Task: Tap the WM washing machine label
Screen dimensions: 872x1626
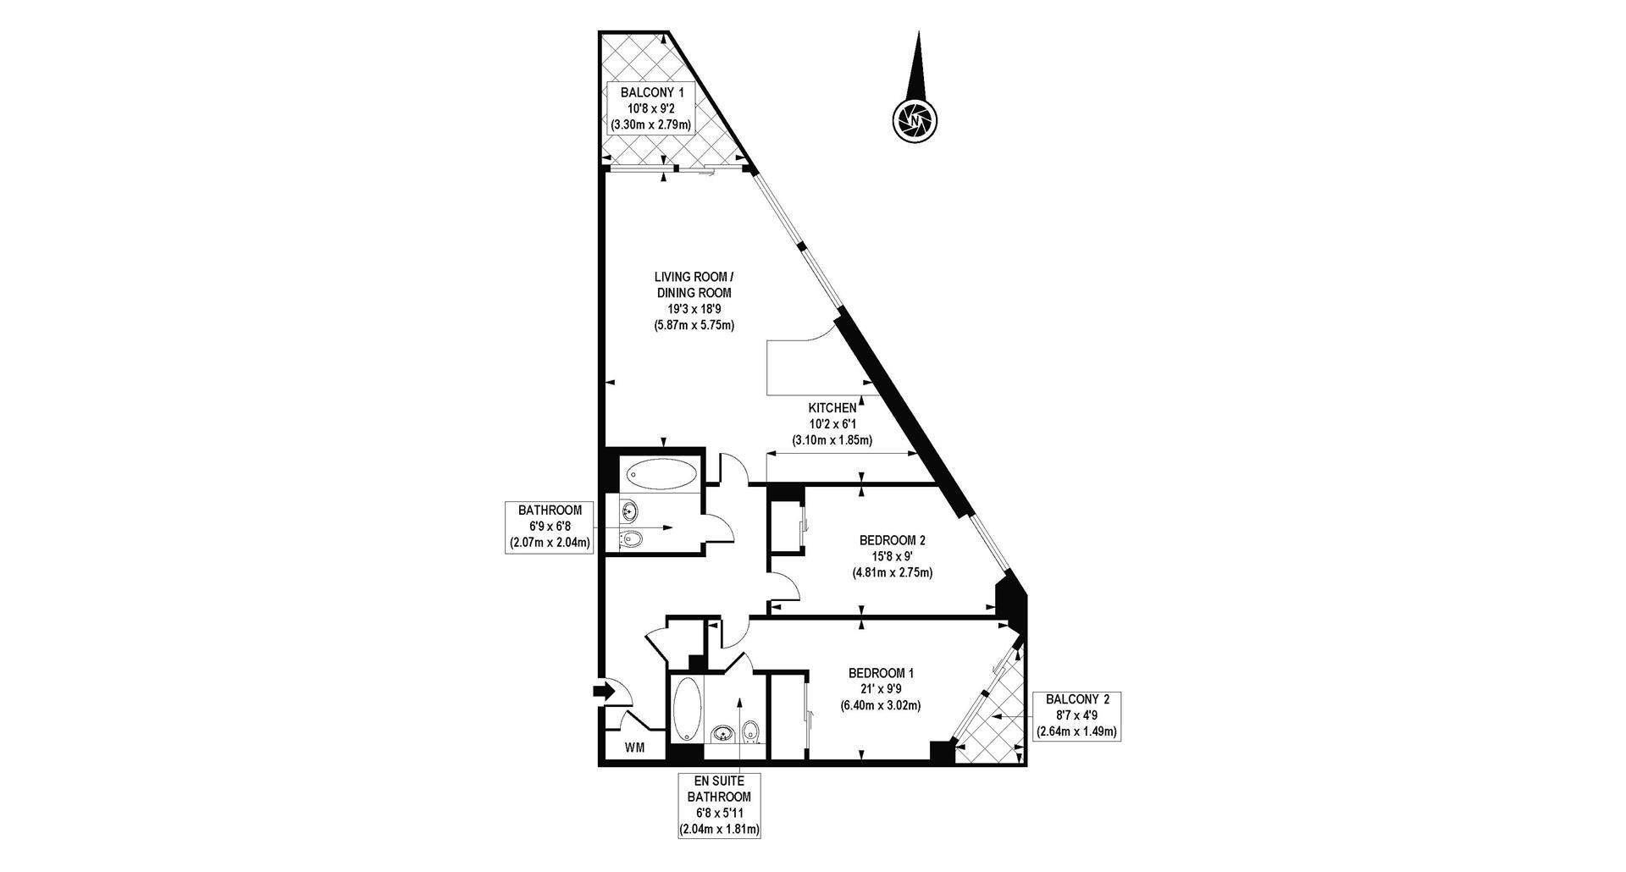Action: [x=634, y=748]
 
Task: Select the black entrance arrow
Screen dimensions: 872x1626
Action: [x=604, y=692]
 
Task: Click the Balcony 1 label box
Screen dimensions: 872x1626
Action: [x=651, y=108]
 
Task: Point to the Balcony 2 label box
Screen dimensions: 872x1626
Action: [x=1076, y=715]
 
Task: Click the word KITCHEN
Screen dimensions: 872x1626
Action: [x=832, y=408]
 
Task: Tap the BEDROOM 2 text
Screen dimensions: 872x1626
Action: [x=892, y=540]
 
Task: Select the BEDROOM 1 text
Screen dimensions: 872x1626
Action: [x=881, y=673]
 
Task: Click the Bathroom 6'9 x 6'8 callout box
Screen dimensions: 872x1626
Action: [x=550, y=527]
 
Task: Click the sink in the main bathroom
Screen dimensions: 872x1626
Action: [x=629, y=511]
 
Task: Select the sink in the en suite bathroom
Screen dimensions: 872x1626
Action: [x=722, y=734]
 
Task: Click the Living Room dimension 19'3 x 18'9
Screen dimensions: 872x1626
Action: [x=694, y=309]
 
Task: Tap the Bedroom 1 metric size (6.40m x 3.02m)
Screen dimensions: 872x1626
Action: [x=881, y=705]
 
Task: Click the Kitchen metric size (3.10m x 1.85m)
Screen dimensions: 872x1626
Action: [x=832, y=440]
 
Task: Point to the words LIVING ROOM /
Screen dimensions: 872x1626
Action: [x=694, y=277]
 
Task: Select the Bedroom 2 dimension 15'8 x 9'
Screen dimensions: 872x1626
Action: [x=892, y=556]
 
